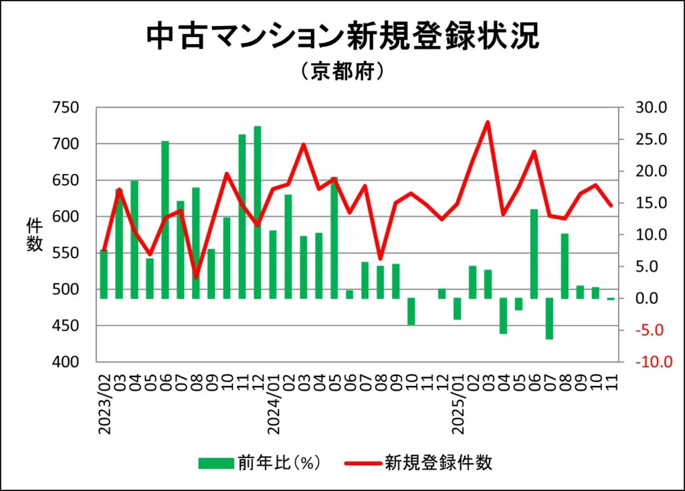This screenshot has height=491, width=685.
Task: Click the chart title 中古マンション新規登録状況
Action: (342, 37)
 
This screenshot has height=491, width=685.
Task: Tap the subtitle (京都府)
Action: (342, 72)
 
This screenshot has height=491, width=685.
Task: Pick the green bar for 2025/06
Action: (534, 254)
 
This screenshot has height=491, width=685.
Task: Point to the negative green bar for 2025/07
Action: (549, 318)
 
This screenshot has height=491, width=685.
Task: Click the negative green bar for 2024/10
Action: (411, 312)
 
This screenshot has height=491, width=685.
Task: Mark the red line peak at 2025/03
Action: (488, 122)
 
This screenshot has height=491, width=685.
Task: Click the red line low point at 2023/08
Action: (196, 276)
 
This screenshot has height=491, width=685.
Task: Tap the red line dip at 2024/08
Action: (380, 258)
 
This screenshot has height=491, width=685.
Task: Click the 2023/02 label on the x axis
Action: (105, 402)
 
